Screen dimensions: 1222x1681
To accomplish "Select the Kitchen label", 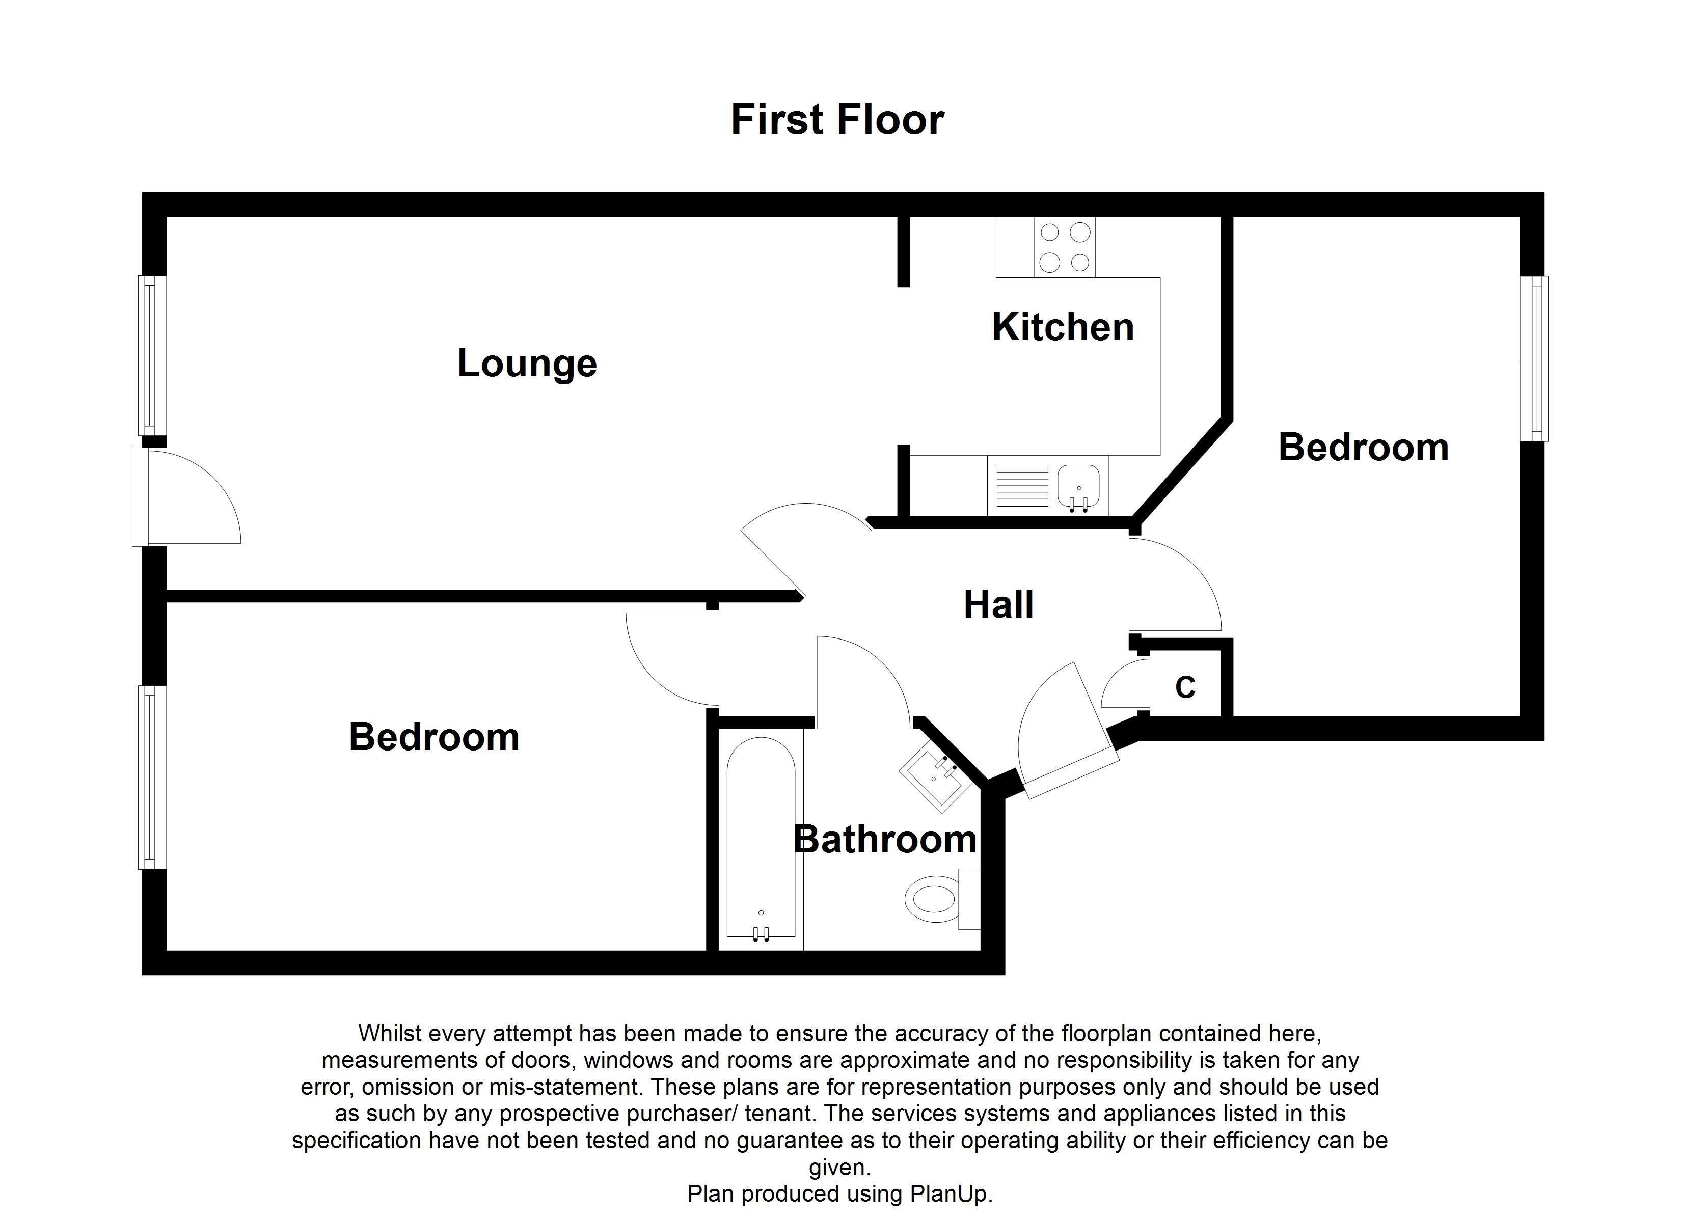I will click(1063, 327).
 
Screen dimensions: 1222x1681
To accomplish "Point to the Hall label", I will click(998, 605).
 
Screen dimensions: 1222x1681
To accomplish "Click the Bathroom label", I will click(885, 840).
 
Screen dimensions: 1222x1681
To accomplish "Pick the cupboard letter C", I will click(1185, 688).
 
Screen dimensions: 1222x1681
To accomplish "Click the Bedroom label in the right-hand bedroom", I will click(1363, 448).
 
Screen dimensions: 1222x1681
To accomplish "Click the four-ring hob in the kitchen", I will click(1065, 247).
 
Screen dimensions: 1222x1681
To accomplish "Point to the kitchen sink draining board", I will click(1022, 485).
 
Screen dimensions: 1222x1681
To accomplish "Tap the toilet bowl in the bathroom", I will click(931, 900).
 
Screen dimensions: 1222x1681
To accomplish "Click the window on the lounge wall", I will click(152, 356).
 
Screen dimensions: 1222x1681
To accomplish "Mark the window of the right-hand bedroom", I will click(1533, 358).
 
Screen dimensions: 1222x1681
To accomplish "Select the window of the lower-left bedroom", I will click(152, 776).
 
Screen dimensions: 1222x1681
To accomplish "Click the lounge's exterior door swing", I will click(189, 498).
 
